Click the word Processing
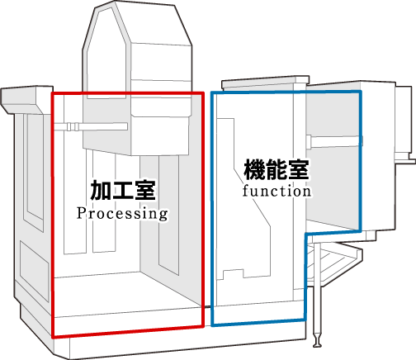coord(122,214)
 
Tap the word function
coord(277,192)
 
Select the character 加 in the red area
coord(101,190)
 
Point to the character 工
coord(123,190)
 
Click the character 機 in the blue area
coord(254,169)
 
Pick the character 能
coord(277,169)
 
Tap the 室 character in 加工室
coord(145,190)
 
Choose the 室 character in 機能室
coord(298,169)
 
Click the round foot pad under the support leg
coord(317,343)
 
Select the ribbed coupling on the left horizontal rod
coord(73,126)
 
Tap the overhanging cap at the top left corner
coord(27,100)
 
